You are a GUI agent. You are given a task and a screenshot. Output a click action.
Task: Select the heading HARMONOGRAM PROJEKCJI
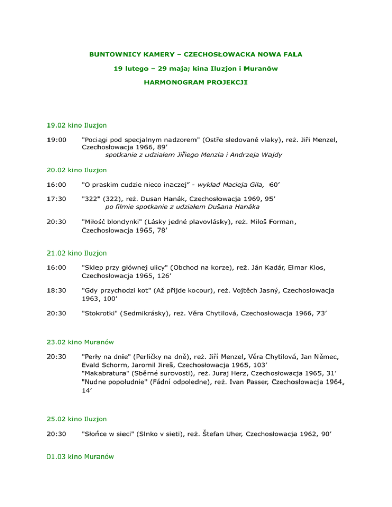(195, 82)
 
